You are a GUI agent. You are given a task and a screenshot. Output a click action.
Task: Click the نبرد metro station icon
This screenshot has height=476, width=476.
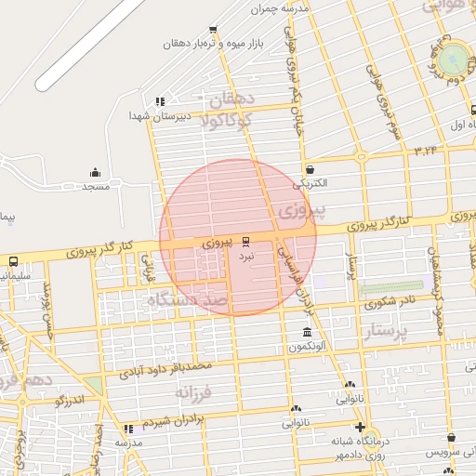click(246, 239)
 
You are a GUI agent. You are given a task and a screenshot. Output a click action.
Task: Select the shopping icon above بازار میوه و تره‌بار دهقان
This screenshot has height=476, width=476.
click(213, 30)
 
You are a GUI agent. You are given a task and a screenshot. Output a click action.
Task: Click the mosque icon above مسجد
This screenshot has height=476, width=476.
click(95, 173)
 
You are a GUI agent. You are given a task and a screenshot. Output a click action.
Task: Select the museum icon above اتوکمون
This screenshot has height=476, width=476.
click(307, 333)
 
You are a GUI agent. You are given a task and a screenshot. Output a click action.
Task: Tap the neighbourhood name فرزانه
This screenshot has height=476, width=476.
click(194, 391)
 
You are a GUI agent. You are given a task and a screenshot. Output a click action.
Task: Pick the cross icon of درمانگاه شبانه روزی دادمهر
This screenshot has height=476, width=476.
click(362, 428)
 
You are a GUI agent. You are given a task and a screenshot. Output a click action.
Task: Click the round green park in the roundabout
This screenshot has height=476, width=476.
click(455, 59)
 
